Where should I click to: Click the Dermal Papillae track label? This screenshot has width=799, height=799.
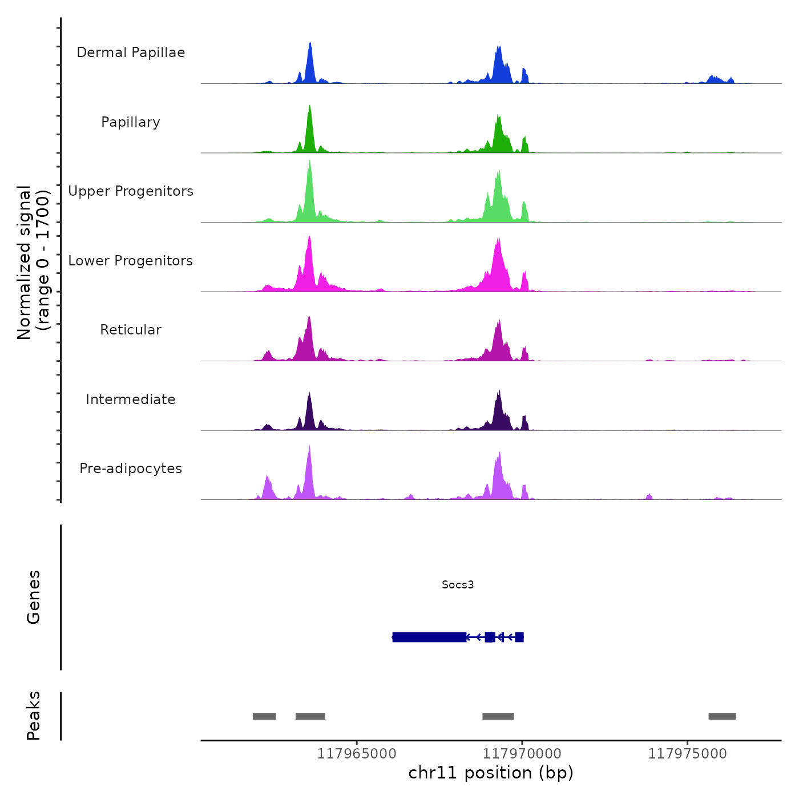coord(131,53)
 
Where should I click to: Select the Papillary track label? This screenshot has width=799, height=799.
coord(131,122)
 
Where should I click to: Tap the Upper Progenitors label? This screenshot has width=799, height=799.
coord(131,191)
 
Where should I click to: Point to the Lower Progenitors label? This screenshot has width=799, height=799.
coord(131,261)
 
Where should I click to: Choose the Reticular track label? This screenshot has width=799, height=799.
coord(131,330)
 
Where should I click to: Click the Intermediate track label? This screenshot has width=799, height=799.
coord(131,399)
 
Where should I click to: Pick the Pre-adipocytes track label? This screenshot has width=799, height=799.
coord(131,469)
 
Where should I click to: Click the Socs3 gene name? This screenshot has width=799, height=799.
coord(458,584)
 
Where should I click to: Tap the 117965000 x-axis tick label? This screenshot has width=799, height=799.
coord(357,754)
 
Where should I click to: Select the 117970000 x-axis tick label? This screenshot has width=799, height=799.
coord(522,754)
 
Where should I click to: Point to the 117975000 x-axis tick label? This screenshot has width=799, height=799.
coord(688,754)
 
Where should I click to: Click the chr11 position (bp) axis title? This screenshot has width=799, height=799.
coord(491,773)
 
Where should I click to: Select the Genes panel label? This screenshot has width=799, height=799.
coord(34,597)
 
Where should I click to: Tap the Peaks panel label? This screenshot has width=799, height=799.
coord(34,716)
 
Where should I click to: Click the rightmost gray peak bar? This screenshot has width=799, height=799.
coord(722,716)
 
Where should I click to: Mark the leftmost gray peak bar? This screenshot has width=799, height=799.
coord(264,716)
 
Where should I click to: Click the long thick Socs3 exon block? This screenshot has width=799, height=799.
coord(429,637)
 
